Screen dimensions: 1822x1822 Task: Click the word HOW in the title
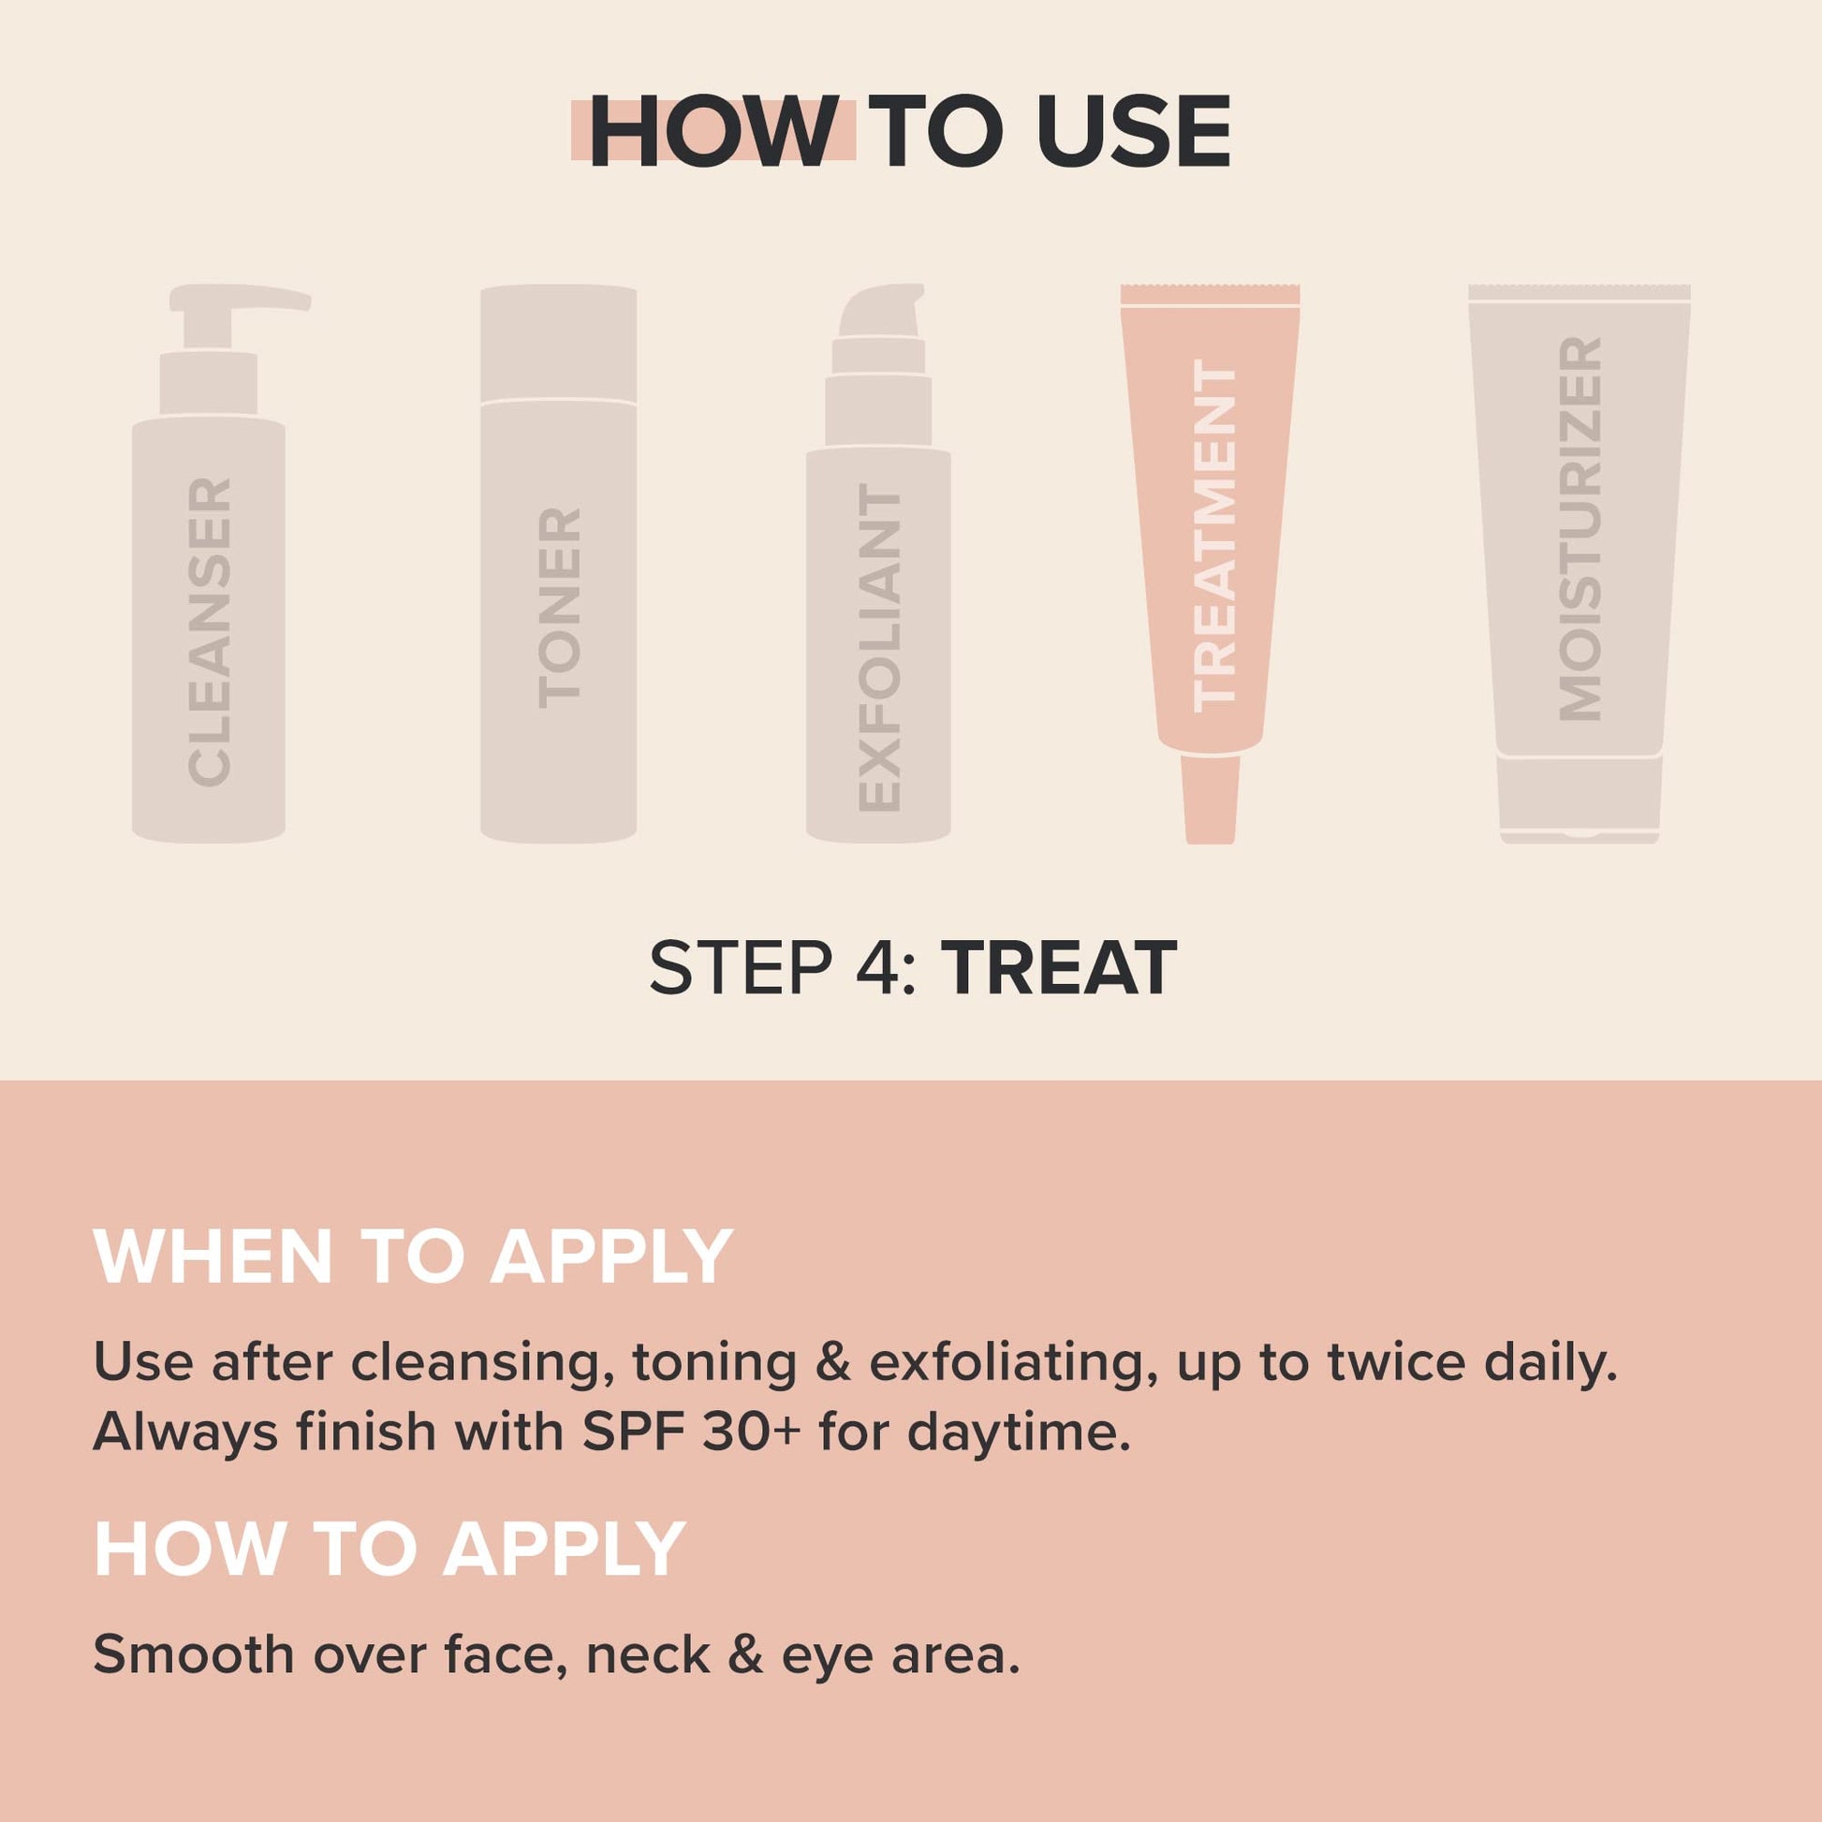(713, 132)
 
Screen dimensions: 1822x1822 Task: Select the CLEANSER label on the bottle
(210, 632)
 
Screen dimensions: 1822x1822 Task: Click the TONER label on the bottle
(559, 609)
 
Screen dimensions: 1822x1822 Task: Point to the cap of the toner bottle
(558, 343)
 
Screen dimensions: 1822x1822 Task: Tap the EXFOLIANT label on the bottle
(879, 649)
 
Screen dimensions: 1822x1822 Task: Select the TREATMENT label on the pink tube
(1214, 536)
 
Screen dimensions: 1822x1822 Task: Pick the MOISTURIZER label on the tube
(1580, 529)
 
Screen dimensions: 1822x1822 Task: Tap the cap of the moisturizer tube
(1580, 800)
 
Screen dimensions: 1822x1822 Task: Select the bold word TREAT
(1059, 968)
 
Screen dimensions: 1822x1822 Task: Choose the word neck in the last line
(648, 1655)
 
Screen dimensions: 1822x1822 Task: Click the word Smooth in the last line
(193, 1655)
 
